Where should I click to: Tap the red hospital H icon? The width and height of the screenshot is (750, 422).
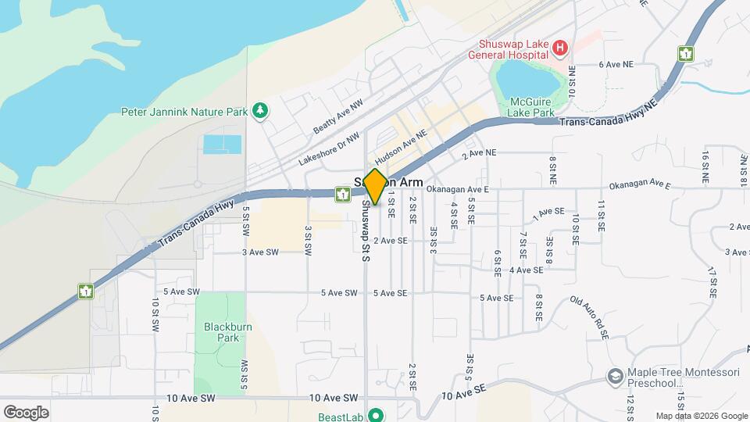pos(559,49)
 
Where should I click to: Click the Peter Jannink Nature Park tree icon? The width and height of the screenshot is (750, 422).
pos(260,112)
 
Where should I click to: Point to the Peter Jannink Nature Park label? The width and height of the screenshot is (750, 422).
pos(184,112)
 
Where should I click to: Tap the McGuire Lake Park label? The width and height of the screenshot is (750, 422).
pos(530,108)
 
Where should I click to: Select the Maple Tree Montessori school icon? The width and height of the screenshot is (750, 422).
pos(616,377)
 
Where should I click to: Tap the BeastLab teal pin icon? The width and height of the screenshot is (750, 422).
pos(374,415)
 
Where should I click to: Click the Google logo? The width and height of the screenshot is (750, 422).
pos(26,413)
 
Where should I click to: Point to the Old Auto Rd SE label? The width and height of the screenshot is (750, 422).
pos(590,316)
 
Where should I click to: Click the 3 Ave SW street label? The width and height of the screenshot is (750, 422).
pos(260,252)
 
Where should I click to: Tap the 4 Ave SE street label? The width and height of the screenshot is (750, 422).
pos(526,270)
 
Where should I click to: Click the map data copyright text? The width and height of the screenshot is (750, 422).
pos(701,416)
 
